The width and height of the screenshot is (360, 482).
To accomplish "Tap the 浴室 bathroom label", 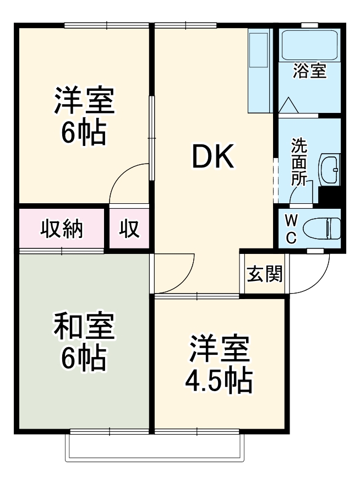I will click(309, 71).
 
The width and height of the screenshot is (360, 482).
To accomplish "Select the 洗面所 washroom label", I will click(299, 162).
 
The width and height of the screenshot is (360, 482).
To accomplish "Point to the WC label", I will click(291, 229).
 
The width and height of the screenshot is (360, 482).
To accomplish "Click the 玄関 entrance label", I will click(264, 274).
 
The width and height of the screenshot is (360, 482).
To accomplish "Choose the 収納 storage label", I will click(62, 229).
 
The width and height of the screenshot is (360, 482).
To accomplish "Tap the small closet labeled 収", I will click(129, 229).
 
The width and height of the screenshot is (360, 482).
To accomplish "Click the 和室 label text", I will click(84, 327).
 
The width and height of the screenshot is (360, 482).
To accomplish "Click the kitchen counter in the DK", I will click(258, 72).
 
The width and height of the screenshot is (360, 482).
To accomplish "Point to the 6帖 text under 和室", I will click(84, 358).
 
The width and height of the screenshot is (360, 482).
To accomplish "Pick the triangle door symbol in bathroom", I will click(288, 105).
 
